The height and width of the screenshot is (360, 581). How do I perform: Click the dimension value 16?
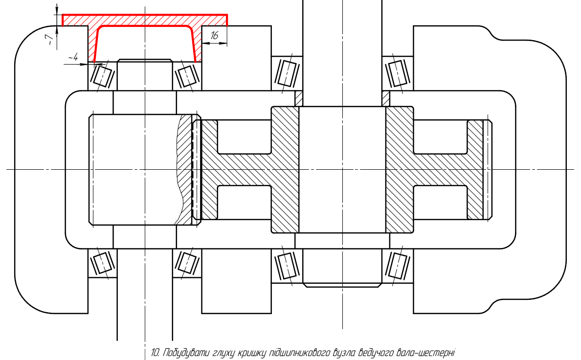click(215, 36)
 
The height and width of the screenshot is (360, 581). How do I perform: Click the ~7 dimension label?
click(51, 37)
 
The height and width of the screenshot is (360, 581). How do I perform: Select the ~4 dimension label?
click(73, 57)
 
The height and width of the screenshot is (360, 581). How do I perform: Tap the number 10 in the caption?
click(155, 352)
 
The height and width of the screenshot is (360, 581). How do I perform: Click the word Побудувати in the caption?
click(186, 353)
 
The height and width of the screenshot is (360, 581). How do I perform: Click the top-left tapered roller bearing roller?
click(103, 76)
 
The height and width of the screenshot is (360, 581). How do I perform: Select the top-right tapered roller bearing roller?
click(398, 73)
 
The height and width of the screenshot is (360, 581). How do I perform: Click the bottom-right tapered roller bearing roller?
click(398, 266)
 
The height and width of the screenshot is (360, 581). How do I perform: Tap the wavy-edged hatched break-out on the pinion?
click(184, 169)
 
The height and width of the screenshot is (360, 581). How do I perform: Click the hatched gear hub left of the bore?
click(285, 169)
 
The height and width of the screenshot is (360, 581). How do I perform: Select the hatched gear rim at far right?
click(475, 169)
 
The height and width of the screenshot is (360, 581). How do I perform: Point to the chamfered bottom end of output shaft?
click(342, 285)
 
